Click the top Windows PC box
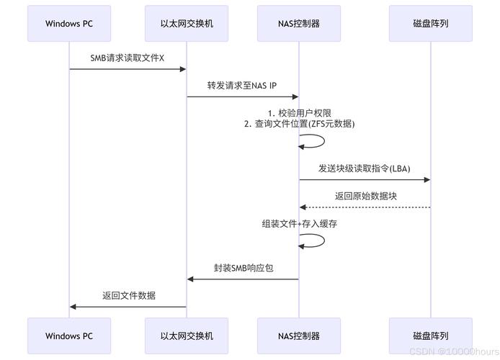69,24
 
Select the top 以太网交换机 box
187,24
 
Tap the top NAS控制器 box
299,24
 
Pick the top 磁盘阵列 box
430,24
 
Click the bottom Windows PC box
69,336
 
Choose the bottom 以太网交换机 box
187,336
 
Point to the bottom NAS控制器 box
299,336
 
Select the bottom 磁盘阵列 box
430,336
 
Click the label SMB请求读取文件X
128,58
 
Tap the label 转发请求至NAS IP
242,85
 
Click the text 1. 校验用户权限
299,113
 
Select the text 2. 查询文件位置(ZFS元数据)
299,124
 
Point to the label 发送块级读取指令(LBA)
365,168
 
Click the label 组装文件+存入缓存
299,224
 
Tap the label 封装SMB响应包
243,267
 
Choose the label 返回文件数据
128,295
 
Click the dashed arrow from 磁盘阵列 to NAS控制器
365,207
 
